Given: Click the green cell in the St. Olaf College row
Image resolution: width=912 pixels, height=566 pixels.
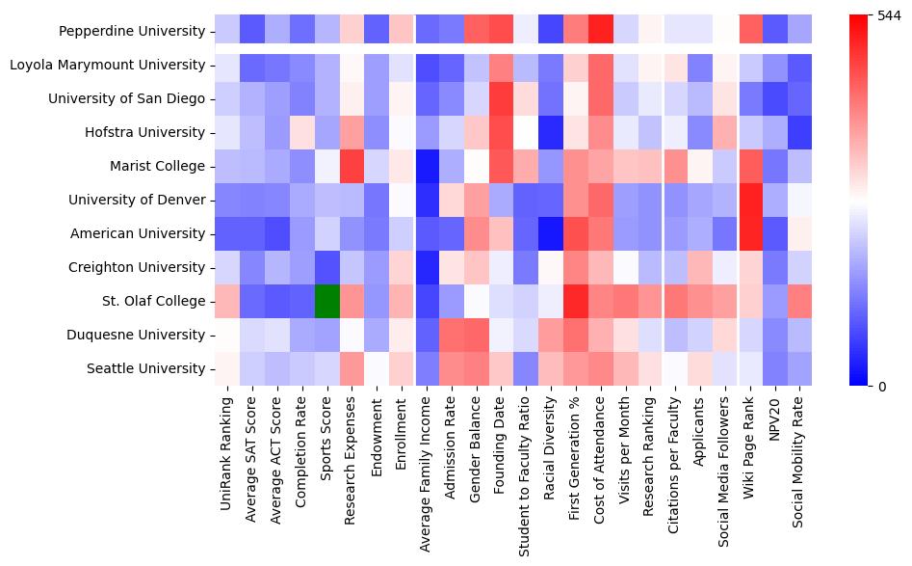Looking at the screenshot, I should [x=326, y=302].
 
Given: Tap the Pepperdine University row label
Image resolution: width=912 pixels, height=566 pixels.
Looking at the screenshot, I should [x=132, y=32].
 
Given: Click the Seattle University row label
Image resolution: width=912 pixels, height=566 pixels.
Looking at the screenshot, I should [x=145, y=369].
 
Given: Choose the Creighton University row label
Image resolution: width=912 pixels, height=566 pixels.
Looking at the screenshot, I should [x=138, y=268].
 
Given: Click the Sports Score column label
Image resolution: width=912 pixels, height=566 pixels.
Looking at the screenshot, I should [x=327, y=439].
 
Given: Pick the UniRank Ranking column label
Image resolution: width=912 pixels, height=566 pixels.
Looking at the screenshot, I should [x=227, y=447].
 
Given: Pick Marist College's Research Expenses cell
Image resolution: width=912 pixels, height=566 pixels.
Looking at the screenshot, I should [x=352, y=167].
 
